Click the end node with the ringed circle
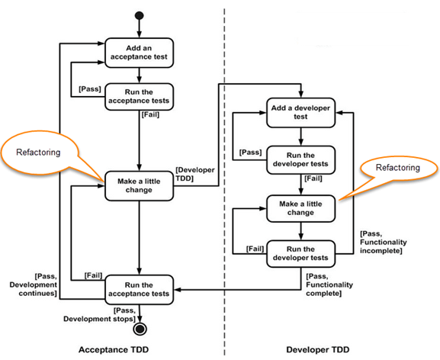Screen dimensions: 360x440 click(x=140, y=329)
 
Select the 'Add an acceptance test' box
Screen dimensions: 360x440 click(x=140, y=52)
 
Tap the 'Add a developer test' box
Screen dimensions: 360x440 click(x=300, y=113)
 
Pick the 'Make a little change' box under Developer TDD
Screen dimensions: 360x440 click(x=300, y=208)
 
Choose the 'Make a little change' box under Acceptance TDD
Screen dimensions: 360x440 click(x=140, y=185)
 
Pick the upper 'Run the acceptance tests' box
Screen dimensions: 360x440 click(x=140, y=97)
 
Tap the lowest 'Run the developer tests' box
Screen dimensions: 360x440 click(x=300, y=253)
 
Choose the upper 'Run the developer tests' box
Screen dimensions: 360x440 click(x=300, y=159)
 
